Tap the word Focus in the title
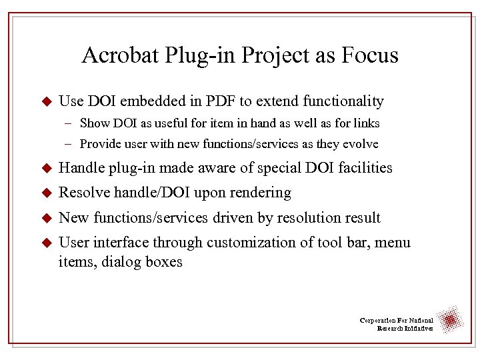tap(366, 55)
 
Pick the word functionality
tap(343, 101)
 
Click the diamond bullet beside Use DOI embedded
tap(46, 102)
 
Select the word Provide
tap(99, 144)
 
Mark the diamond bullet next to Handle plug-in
tap(46, 168)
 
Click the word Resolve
tap(85, 193)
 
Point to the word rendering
tap(260, 193)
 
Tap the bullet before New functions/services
tap(46, 218)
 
